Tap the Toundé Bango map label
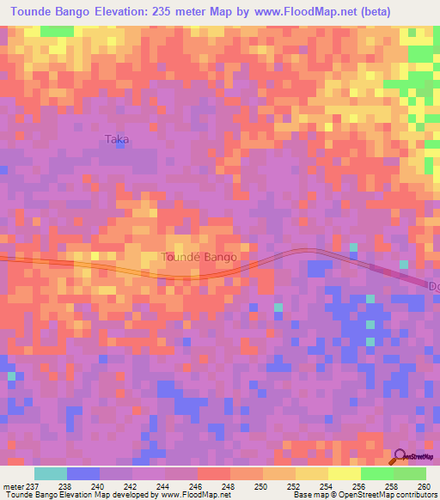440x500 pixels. (199, 256)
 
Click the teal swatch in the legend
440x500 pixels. (51, 473)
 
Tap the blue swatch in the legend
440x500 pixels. (83, 473)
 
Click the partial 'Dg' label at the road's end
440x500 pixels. (433, 285)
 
